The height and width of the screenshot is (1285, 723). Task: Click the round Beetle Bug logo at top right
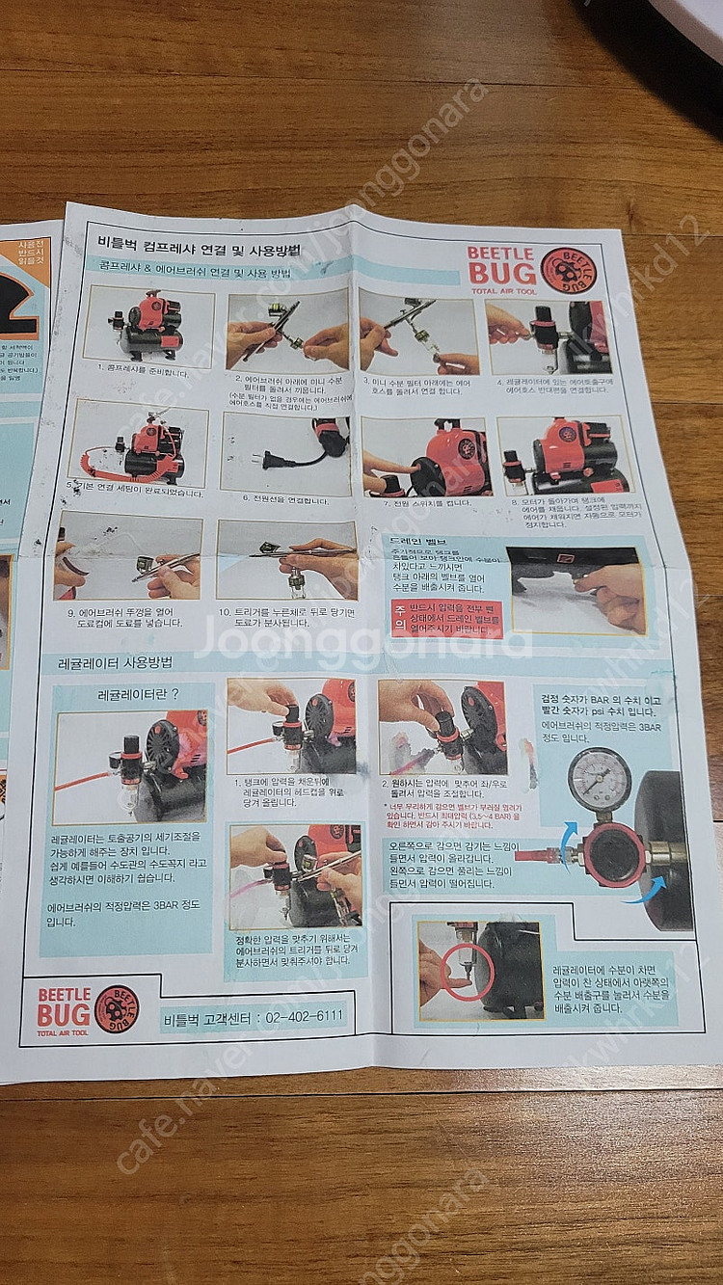click(x=568, y=270)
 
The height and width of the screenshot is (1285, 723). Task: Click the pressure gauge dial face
click(x=599, y=778)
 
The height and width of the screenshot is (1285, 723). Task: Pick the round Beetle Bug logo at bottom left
click(x=116, y=1008)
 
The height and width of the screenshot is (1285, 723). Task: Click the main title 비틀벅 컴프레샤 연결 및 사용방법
click(x=198, y=250)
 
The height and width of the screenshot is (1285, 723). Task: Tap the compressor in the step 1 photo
click(x=149, y=323)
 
